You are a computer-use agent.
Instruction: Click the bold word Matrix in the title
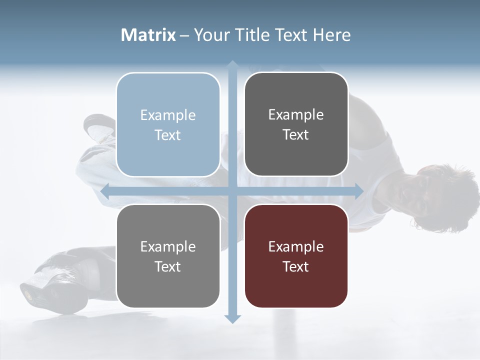pos(148,35)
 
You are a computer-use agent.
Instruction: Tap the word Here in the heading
pos(331,35)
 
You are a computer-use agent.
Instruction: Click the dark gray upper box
pos(296,155)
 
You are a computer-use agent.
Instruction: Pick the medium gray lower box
pos(168,287)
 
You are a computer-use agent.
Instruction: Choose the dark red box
pos(296,287)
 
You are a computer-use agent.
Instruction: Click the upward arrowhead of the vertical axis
pos(232,65)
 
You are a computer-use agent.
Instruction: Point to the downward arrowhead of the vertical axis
pos(232,319)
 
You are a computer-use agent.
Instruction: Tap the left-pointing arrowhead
pos(105,191)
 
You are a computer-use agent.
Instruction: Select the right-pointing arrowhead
pos(359,191)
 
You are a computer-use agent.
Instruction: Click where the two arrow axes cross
pos(232,191)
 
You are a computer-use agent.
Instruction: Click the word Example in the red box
pos(296,246)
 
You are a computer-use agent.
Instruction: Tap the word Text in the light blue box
pos(168,135)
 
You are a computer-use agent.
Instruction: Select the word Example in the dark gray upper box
pos(296,115)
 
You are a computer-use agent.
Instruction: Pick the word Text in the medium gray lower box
pos(168,266)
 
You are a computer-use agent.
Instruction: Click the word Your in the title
pos(209,35)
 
